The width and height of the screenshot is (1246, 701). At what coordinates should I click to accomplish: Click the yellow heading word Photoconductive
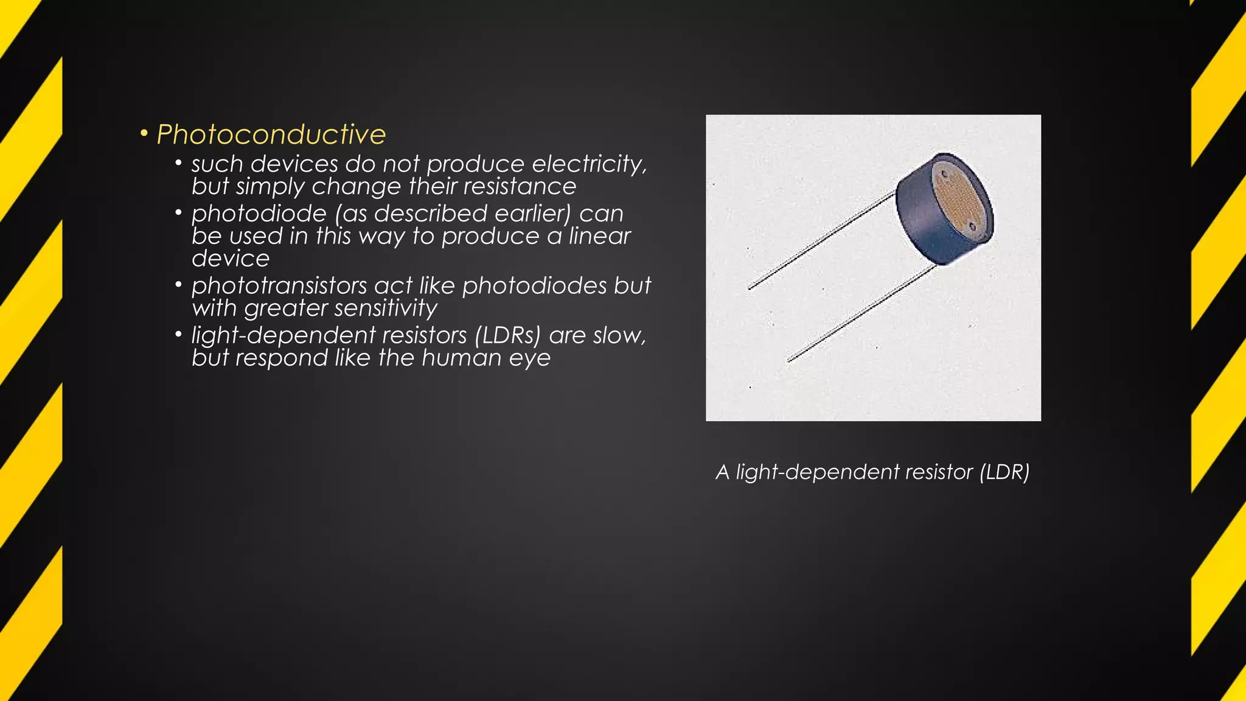point(271,134)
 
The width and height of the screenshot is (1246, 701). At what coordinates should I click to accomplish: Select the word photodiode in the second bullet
point(259,214)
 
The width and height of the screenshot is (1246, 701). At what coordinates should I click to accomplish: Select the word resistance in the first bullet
point(518,187)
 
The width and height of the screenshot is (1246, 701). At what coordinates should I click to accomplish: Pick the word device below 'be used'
point(231,259)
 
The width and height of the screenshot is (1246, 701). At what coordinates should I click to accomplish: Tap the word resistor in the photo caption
point(939,472)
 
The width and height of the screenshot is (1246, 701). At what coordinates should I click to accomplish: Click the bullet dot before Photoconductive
point(144,133)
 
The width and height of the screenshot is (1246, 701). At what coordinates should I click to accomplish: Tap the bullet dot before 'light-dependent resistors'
point(178,334)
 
